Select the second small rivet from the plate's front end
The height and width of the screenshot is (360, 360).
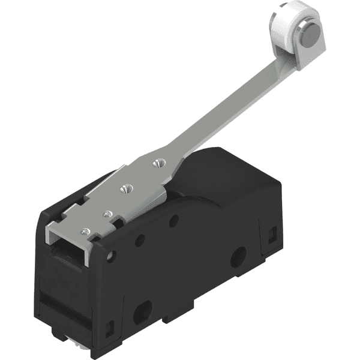click(x=108, y=213)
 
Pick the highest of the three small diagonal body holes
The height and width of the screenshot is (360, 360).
click(x=173, y=221)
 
